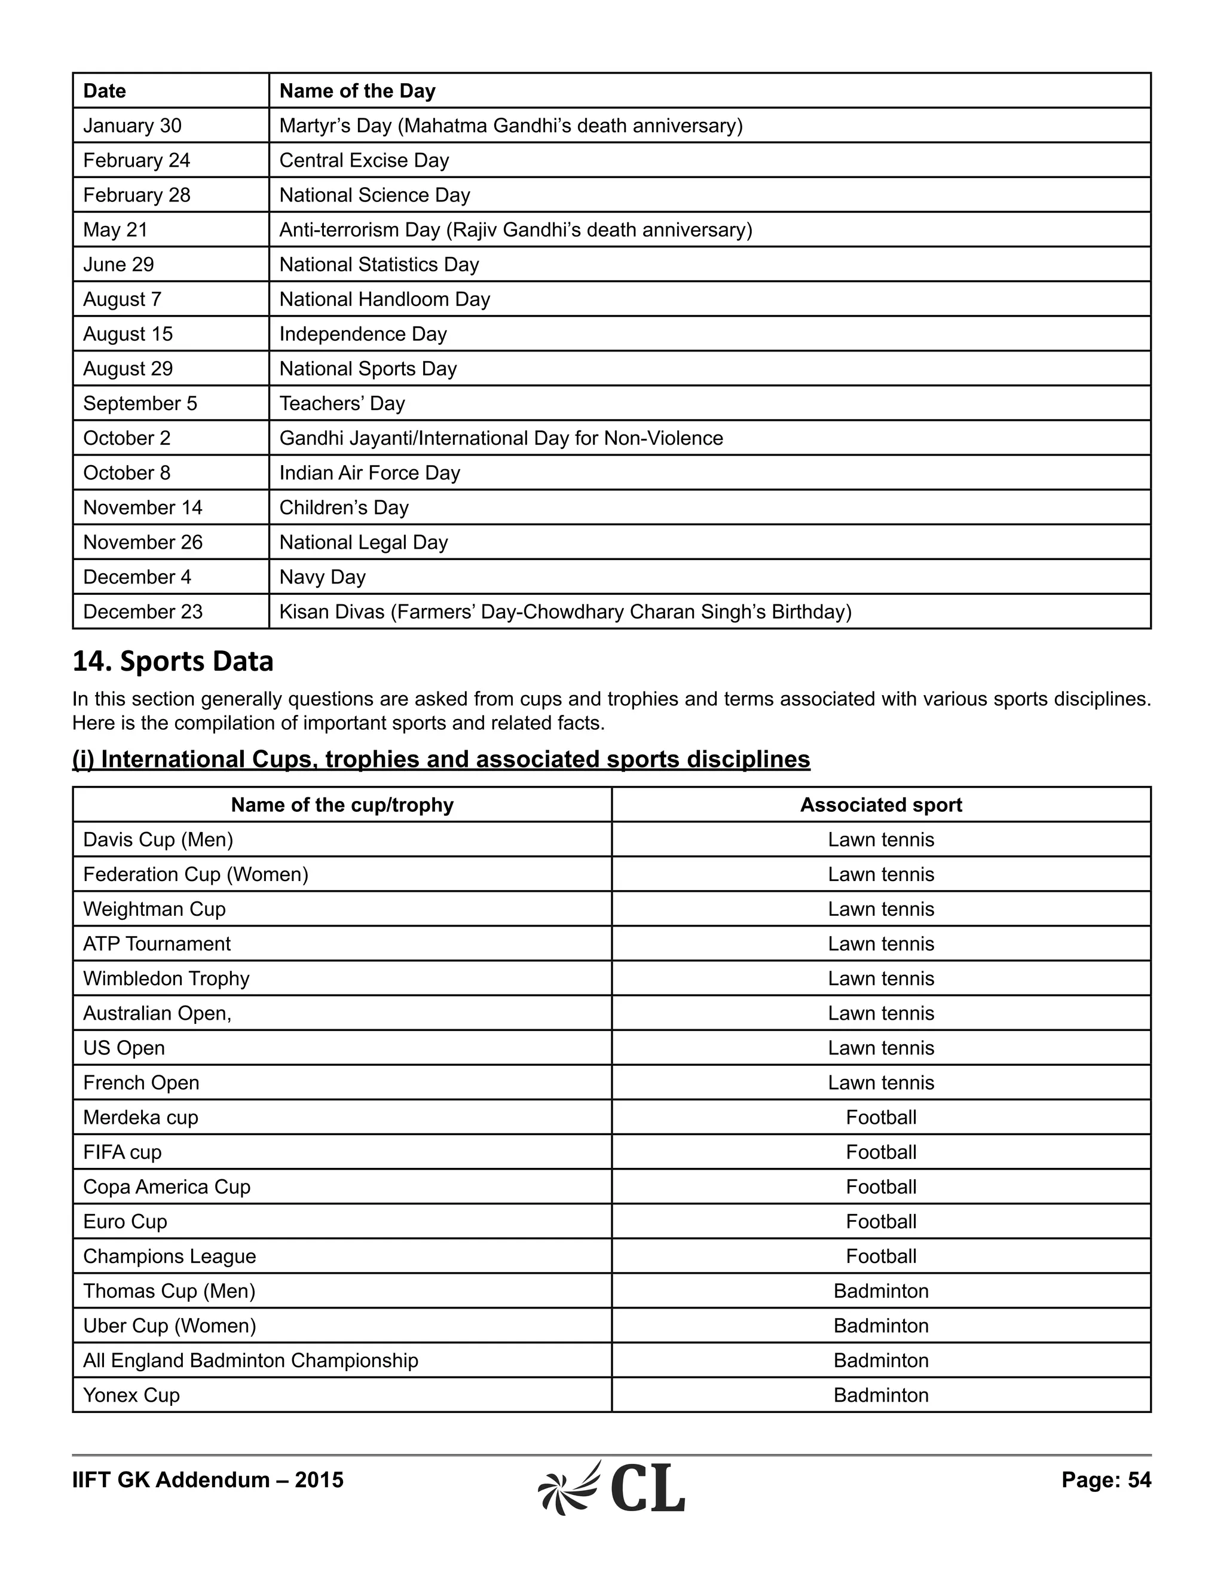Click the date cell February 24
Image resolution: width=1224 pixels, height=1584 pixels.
(136, 160)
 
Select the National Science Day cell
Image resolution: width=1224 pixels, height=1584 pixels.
(374, 195)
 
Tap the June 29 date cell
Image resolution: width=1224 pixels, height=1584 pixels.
(118, 265)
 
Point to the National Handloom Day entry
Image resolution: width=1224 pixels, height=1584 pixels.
(384, 299)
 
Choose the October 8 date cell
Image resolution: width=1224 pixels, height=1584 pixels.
(126, 473)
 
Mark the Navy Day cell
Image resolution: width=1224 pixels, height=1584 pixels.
(322, 577)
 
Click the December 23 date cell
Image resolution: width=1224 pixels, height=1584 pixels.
(143, 612)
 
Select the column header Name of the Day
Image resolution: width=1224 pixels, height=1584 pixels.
(357, 91)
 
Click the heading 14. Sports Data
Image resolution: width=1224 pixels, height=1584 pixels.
(173, 662)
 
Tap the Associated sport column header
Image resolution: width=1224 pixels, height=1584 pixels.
(880, 805)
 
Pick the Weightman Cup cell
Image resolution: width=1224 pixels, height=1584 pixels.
(154, 910)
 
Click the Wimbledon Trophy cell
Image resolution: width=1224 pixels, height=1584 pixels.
(166, 979)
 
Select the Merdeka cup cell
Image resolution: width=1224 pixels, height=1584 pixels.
(140, 1118)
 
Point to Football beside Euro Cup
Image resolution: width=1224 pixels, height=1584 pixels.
(880, 1222)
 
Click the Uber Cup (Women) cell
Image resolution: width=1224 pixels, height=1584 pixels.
(169, 1326)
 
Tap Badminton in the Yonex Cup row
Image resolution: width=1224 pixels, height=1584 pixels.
(880, 1396)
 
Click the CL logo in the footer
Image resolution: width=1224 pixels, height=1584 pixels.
(612, 1488)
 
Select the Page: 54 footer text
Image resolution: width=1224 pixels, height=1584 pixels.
(1106, 1480)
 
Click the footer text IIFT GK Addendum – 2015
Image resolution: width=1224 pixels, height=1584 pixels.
(207, 1480)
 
